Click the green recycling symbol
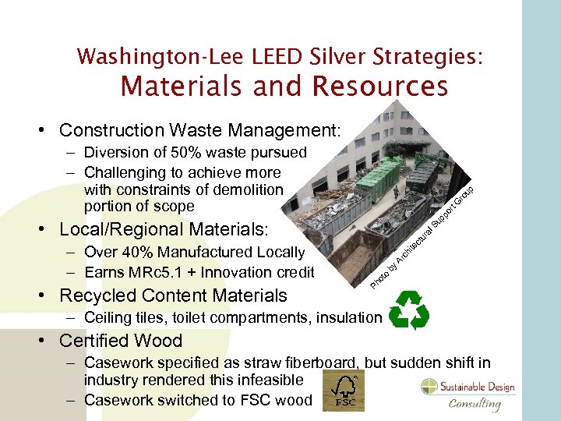click(408, 312)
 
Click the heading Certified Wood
click(120, 341)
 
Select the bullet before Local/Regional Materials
click(46, 230)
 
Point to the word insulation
click(350, 317)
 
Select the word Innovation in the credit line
click(243, 272)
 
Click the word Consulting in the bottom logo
click(475, 403)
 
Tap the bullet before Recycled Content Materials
click(46, 296)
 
